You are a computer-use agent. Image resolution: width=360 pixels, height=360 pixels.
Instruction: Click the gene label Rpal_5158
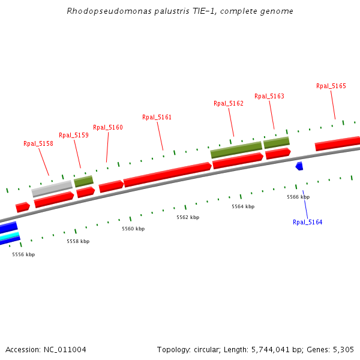38,144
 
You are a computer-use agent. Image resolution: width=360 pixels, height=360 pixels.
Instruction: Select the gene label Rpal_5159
74,136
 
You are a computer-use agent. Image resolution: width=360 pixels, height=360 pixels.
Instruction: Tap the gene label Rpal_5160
108,127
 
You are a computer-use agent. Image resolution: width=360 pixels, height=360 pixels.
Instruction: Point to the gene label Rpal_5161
157,118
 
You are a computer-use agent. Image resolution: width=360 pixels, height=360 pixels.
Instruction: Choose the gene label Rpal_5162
229,104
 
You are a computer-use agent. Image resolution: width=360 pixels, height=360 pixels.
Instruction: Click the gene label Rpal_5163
269,96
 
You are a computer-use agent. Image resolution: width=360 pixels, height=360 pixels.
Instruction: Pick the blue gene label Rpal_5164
308,223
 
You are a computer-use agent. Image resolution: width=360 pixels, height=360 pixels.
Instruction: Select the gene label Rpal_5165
331,86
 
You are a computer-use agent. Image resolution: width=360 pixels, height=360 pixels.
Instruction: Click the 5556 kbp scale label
23,254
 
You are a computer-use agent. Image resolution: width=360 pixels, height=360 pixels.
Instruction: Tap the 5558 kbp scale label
78,241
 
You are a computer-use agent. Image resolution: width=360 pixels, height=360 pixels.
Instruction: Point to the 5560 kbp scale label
133,229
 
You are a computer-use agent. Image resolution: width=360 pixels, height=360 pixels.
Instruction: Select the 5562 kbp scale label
188,217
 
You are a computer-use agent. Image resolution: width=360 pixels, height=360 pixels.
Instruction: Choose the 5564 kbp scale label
243,206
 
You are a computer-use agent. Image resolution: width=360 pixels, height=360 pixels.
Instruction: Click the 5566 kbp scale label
298,197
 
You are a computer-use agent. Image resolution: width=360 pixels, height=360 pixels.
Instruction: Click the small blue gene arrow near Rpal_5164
299,166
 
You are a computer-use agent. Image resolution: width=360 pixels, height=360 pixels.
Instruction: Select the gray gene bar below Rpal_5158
52,188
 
